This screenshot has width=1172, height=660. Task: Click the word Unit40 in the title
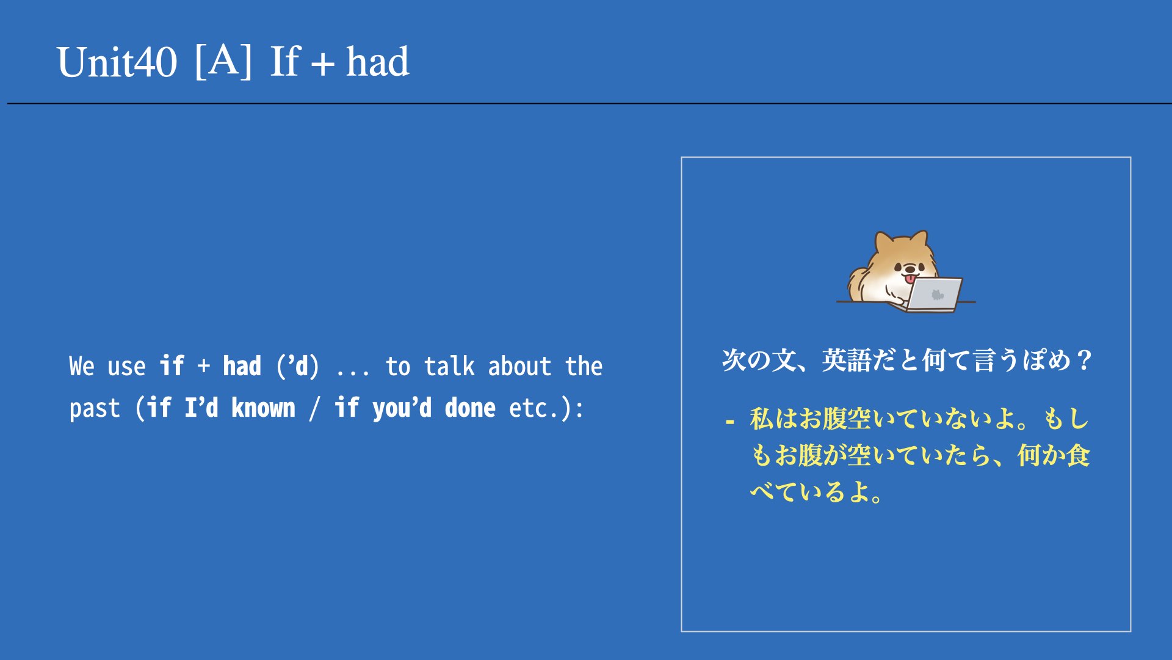(x=117, y=62)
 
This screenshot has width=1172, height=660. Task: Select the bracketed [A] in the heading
(x=223, y=61)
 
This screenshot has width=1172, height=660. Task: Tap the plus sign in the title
(x=322, y=64)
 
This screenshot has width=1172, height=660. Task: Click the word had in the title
(x=377, y=62)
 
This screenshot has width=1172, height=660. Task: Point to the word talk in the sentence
(x=449, y=366)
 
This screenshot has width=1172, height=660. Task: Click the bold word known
(x=263, y=408)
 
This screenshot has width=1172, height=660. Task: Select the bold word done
(x=469, y=408)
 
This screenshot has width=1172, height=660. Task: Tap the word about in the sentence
(x=519, y=366)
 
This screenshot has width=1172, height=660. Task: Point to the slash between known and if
(x=314, y=408)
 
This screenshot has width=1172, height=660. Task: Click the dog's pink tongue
(x=910, y=279)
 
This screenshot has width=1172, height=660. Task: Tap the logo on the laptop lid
(x=938, y=295)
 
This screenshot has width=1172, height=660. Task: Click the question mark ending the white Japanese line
(x=1085, y=361)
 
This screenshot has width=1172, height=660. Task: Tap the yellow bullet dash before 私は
(x=730, y=422)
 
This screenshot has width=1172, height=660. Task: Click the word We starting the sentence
(x=82, y=366)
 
